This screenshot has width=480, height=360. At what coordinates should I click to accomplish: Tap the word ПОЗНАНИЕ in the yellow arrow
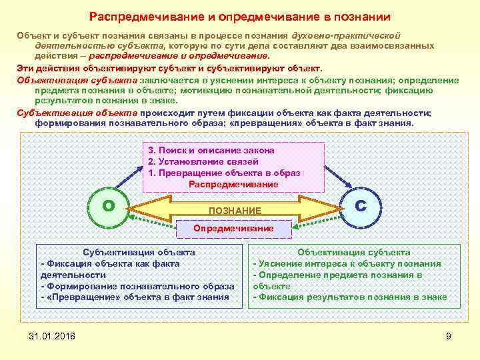(235, 210)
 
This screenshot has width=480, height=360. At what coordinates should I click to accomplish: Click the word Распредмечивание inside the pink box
(233, 183)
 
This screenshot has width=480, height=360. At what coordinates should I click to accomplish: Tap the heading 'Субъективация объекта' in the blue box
(138, 252)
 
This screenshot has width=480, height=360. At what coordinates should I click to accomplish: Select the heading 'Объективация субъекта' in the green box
(354, 252)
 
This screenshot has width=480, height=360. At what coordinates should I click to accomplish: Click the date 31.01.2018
(53, 335)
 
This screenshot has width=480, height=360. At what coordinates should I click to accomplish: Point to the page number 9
(449, 336)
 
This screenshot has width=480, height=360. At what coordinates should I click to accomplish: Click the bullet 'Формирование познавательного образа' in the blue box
(136, 286)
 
